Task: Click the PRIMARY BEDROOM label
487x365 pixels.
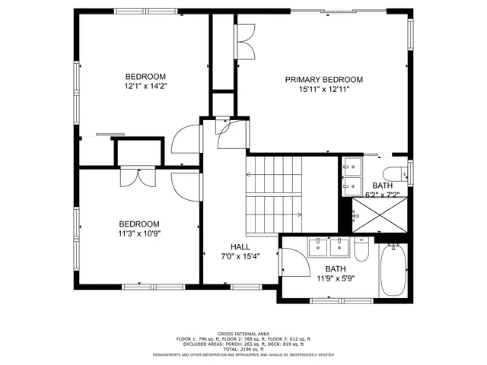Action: point(323,79)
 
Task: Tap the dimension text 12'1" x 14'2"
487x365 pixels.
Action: point(145,87)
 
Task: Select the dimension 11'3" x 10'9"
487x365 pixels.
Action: point(138,234)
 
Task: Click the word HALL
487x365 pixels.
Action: point(240,247)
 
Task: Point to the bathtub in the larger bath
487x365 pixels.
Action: point(393,271)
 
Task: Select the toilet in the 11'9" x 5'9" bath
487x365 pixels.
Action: point(361,250)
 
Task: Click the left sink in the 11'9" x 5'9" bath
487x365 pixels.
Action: point(317,246)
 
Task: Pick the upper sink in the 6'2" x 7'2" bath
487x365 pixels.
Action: point(352,165)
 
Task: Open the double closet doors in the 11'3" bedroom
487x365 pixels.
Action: point(138,176)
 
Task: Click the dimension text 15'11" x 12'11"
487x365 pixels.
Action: point(323,90)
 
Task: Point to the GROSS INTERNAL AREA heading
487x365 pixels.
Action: point(243,334)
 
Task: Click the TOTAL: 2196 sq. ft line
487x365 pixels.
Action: point(243,348)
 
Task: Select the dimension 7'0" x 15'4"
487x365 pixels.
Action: point(240,257)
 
